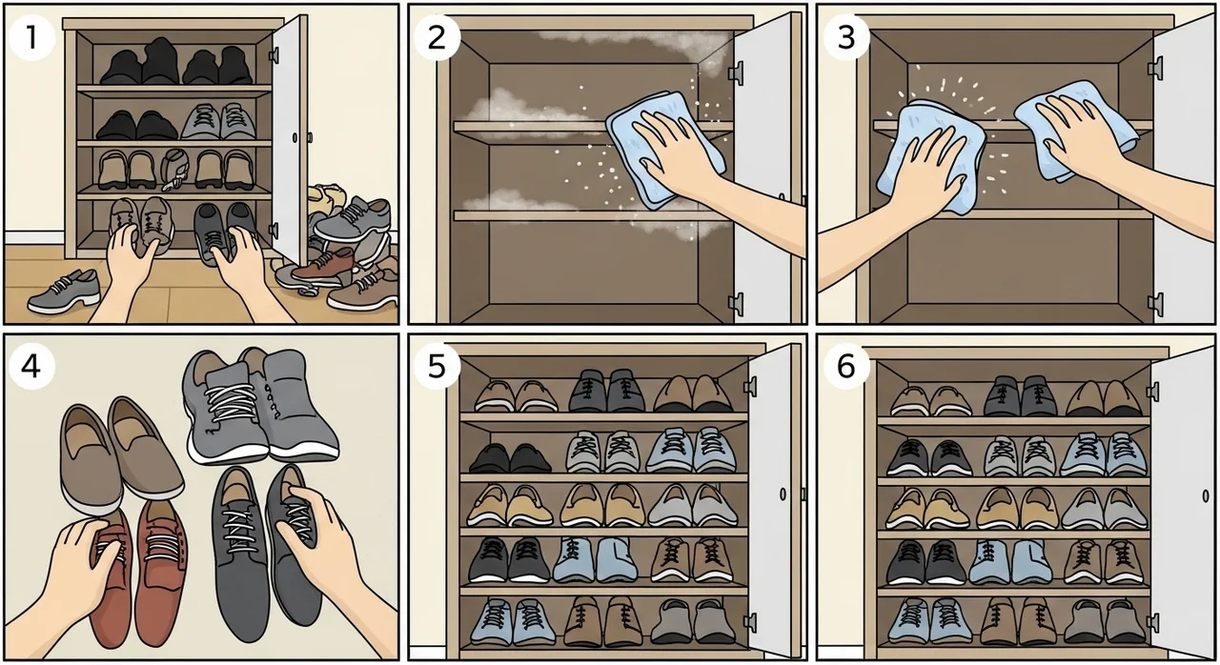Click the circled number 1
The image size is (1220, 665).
32,37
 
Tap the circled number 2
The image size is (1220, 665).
437,37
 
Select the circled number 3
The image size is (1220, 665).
845,37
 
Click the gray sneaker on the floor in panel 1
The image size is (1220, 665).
64,292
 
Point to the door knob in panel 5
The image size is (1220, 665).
783,494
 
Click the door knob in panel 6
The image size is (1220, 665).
1206,496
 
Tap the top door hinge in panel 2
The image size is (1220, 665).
737,72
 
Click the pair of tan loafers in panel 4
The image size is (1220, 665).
121,454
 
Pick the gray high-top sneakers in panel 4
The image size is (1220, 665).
260,406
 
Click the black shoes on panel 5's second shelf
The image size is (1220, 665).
510,458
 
